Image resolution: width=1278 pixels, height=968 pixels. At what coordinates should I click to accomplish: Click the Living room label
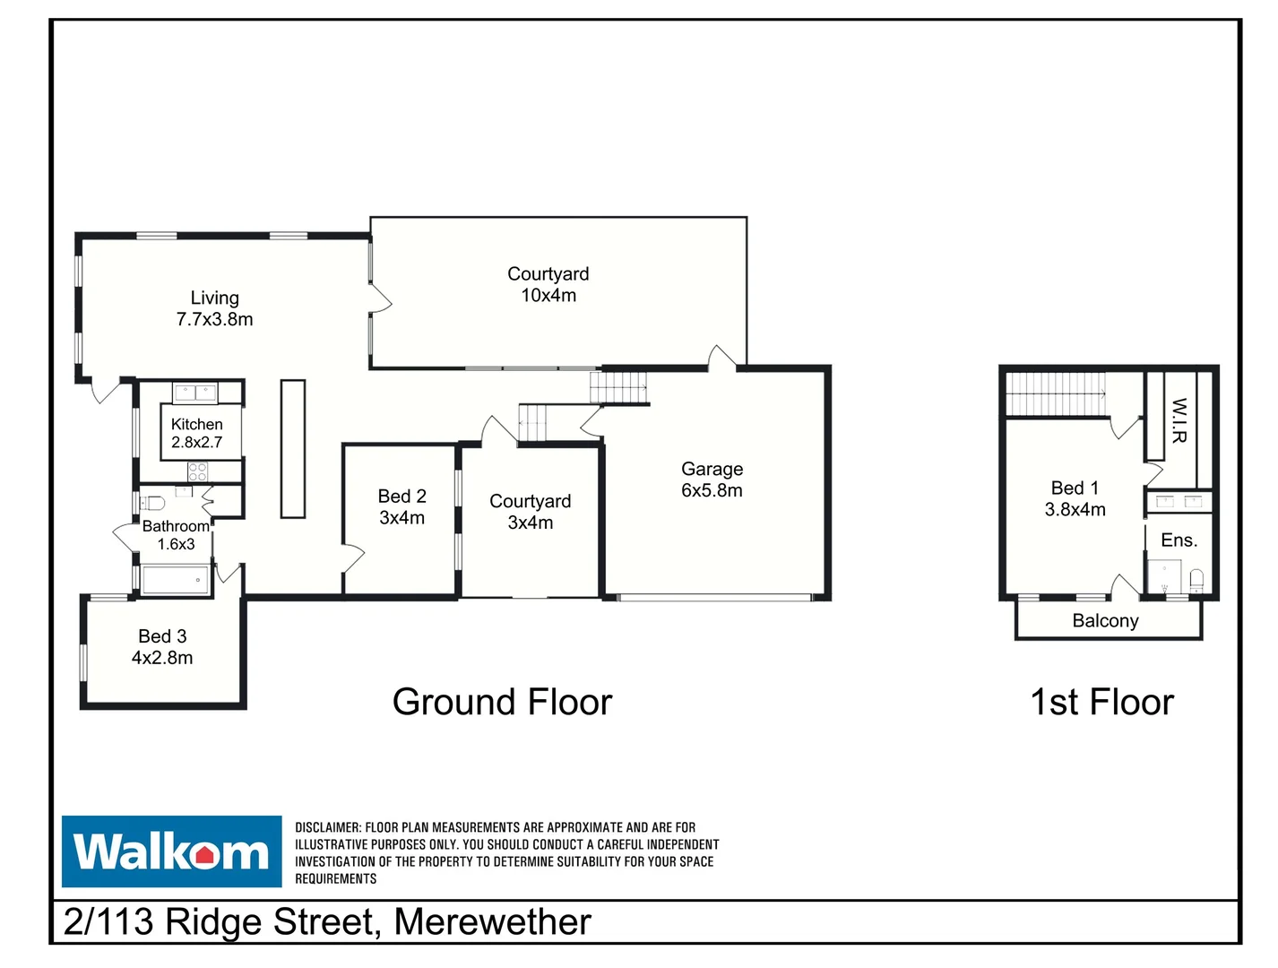click(x=214, y=308)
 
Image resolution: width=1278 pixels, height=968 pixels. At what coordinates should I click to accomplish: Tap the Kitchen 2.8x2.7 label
click(x=197, y=433)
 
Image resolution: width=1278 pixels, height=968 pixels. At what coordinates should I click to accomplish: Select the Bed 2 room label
click(x=402, y=506)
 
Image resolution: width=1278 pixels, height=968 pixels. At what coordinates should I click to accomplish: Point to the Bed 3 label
click(x=162, y=646)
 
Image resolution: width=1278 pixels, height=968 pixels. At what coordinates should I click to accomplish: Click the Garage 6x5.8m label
click(x=712, y=480)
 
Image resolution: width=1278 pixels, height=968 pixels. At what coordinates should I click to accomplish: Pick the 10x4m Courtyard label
click(x=548, y=284)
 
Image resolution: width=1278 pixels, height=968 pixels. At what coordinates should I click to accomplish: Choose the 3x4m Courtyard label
click(x=530, y=512)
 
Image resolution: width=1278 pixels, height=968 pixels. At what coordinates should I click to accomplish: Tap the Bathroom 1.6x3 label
click(x=176, y=535)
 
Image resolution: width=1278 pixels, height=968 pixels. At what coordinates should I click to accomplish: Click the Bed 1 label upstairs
click(x=1075, y=498)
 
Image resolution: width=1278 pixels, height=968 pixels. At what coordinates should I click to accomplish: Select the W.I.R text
click(x=1179, y=420)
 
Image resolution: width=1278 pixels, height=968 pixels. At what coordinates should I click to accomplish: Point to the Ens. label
click(x=1179, y=540)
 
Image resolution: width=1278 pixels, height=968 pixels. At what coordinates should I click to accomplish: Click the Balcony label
click(x=1105, y=621)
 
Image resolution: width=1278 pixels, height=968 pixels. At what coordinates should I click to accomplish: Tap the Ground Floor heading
click(x=502, y=702)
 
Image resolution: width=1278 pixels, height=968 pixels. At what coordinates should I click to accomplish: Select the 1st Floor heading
click(x=1101, y=702)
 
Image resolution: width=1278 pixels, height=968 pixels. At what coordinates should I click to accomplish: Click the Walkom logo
click(x=171, y=851)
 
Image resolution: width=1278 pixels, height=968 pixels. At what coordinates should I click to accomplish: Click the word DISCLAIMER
click(x=328, y=827)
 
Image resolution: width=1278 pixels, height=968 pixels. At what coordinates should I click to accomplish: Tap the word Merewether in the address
click(x=492, y=922)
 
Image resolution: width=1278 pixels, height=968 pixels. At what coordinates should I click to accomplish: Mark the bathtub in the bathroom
click(x=176, y=580)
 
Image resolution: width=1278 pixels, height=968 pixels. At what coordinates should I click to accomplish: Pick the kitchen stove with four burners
click(x=197, y=471)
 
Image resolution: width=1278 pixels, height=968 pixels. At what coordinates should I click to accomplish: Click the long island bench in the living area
click(x=293, y=448)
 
